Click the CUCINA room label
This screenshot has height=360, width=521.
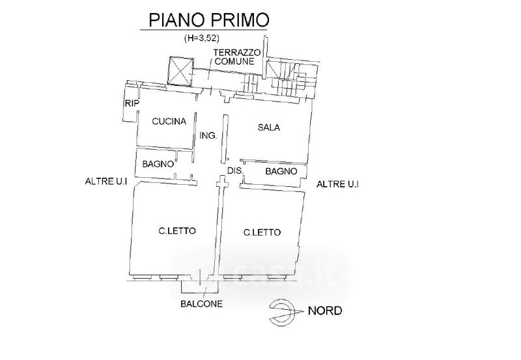pos(169,121)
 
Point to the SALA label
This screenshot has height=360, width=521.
pos(268,128)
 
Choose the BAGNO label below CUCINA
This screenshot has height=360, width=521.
pos(158,164)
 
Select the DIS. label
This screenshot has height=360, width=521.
pos(234,171)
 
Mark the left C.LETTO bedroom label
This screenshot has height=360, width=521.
pos(177,230)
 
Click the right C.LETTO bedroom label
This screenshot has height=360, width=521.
pos(262,232)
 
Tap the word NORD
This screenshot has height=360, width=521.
pos(326,311)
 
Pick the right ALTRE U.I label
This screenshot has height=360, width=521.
pos(338,185)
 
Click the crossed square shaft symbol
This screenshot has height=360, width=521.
pos(180,70)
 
